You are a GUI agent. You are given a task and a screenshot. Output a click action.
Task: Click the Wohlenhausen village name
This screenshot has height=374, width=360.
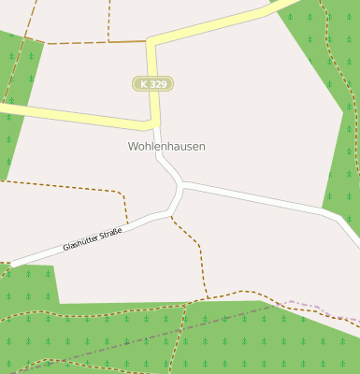click(x=166, y=147)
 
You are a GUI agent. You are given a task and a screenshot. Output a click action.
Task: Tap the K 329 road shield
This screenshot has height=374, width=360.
click(x=152, y=84)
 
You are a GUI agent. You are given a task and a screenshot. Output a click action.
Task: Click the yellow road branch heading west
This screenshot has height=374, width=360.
click(x=65, y=115)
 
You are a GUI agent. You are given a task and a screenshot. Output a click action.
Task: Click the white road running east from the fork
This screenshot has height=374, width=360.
click(x=262, y=199)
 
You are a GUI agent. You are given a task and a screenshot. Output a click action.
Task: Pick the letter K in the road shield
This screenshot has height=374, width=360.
click(x=144, y=84)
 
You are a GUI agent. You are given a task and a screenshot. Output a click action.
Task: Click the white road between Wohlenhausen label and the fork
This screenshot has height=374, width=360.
click(x=165, y=166)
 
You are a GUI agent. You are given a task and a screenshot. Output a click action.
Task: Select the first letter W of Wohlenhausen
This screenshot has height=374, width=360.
click(x=133, y=147)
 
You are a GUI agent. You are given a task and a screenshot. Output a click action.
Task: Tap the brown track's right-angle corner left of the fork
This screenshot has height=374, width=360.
click(x=123, y=194)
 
